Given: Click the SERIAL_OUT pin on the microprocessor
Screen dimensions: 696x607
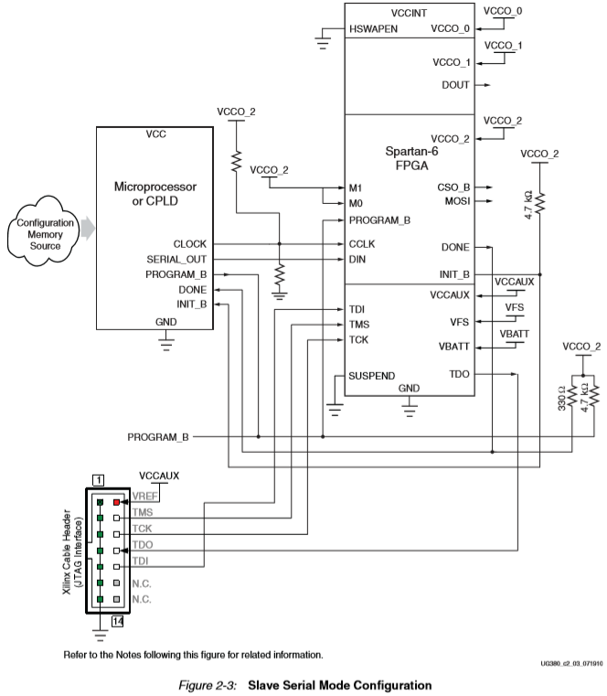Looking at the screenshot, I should [x=176, y=259].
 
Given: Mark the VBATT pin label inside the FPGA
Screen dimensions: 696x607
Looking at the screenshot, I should [x=453, y=347].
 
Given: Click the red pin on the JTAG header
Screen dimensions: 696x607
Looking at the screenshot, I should [x=115, y=501].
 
